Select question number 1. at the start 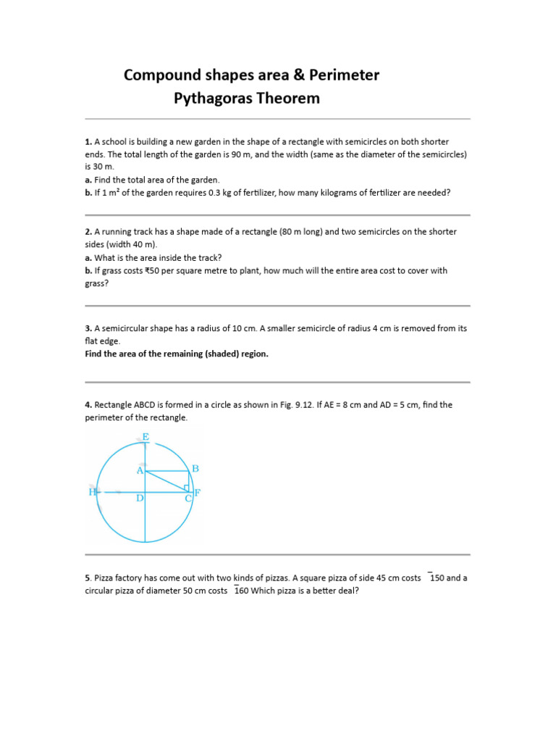click(88, 142)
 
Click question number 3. click(88, 328)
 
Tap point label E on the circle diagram click(146, 437)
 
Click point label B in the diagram click(195, 469)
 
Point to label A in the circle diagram click(140, 470)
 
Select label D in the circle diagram click(140, 499)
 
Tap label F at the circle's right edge click(197, 493)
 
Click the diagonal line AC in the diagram click(167, 481)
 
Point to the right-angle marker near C click(187, 488)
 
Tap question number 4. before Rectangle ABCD click(88, 405)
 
